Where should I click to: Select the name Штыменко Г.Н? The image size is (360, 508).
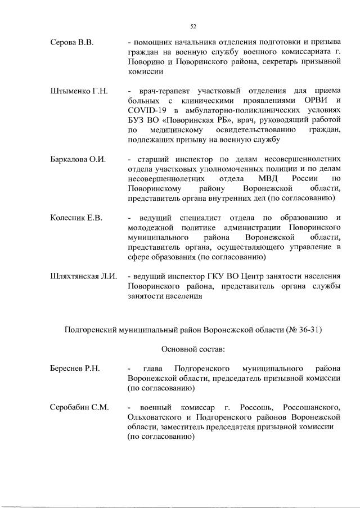[79, 91]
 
